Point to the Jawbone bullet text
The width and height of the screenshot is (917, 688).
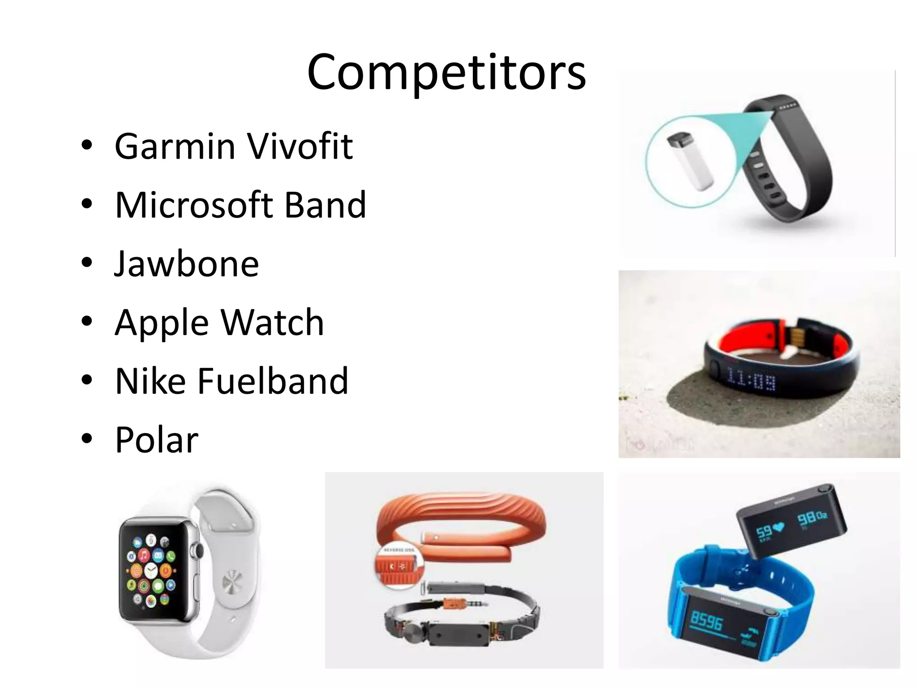point(187,264)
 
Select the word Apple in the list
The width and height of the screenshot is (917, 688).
point(162,323)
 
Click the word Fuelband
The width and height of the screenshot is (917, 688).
point(273,381)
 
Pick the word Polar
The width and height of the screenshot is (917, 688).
point(156,440)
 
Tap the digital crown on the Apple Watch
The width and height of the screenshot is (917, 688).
point(194,550)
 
